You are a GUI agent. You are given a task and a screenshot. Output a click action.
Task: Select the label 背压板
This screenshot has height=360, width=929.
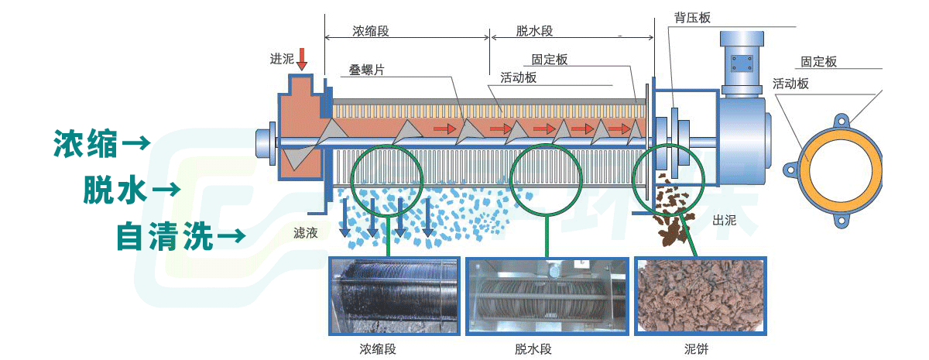pos(670,18)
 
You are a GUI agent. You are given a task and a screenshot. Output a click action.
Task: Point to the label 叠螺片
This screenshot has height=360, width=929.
pos(367,70)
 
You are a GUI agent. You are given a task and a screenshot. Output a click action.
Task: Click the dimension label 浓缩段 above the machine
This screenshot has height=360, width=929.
pos(370,32)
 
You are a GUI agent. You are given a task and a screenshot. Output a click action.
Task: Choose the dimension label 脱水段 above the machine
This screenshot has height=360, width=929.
pos(535,32)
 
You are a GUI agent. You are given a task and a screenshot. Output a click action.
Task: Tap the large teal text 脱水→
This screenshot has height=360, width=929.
pos(132,190)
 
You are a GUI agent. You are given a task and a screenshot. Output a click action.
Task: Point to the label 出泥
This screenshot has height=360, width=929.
pos(724,221)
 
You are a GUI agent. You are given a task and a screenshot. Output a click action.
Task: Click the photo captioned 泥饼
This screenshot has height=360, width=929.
pos(701,296)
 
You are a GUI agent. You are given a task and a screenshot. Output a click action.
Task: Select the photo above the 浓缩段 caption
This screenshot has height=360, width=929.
pos(394,296)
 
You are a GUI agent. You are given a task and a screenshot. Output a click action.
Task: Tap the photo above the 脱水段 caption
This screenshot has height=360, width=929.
pos(548,296)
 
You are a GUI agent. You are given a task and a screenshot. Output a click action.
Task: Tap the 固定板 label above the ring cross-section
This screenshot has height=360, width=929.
pos(819,62)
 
